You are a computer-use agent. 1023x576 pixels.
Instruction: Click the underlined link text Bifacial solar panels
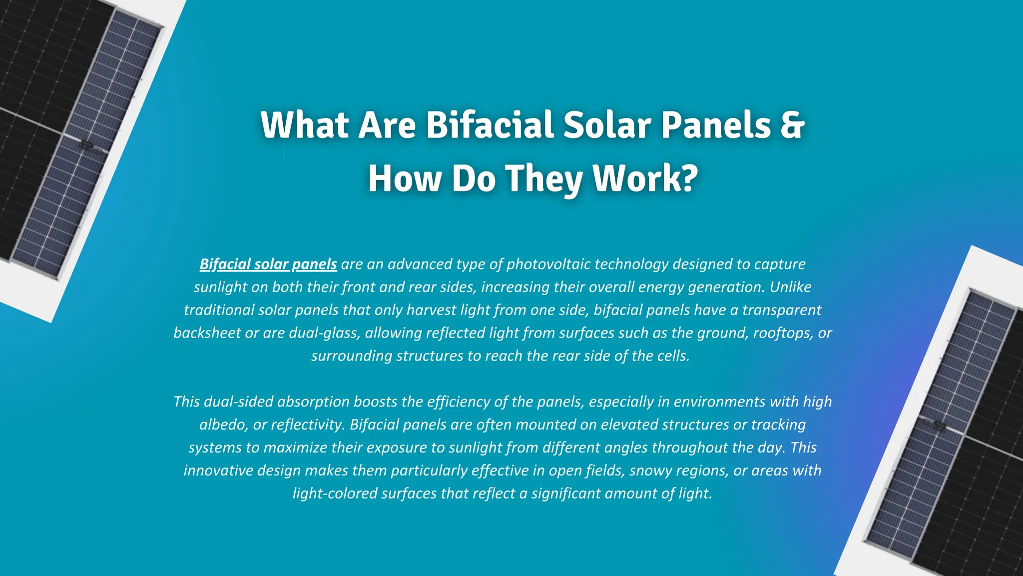tap(268, 264)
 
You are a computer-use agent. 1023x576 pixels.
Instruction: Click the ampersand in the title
tap(791, 125)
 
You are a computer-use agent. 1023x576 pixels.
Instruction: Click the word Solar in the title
tap(607, 125)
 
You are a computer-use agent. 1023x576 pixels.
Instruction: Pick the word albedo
tap(223, 424)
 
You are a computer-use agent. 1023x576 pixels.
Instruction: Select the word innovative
tap(218, 470)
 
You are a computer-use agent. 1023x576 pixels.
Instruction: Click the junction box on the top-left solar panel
tap(86, 145)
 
